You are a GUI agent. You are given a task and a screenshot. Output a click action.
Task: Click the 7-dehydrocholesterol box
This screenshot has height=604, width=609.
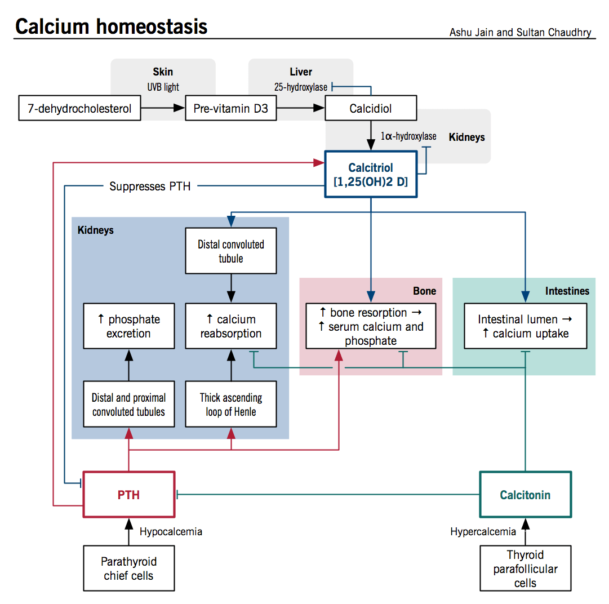[79, 109]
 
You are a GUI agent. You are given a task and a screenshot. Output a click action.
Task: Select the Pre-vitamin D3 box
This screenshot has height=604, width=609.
[231, 109]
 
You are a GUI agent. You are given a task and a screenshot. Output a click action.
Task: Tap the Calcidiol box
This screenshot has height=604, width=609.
[371, 109]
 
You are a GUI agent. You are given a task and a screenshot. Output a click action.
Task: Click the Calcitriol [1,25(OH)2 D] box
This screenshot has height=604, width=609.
[371, 175]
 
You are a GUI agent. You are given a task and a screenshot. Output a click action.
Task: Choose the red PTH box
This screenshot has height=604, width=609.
[129, 495]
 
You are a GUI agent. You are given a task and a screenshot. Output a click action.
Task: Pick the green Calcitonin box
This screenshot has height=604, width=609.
[525, 495]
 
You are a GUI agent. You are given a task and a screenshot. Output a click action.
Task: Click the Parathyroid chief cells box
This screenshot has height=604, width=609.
[129, 568]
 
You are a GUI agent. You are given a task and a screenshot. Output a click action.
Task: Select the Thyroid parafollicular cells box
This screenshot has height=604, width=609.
[525, 568]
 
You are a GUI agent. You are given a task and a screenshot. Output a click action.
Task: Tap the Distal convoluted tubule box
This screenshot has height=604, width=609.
[231, 251]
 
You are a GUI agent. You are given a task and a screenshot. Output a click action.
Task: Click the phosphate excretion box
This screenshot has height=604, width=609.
[129, 326]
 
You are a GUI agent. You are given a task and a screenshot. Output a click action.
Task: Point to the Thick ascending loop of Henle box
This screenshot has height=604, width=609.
[231, 405]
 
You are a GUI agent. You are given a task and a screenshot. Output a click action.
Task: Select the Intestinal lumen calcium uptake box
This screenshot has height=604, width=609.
[525, 326]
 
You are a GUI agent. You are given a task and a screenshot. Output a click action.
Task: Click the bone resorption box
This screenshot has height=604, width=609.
[371, 326]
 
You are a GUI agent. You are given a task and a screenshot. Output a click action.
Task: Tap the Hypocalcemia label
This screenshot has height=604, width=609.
[171, 531]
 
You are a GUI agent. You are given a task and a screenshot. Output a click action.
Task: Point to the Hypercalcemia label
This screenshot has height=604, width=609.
[483, 531]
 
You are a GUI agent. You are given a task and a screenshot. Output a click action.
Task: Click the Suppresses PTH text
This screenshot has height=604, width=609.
[150, 186]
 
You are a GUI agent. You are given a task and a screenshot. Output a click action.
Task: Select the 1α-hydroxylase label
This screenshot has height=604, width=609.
[408, 136]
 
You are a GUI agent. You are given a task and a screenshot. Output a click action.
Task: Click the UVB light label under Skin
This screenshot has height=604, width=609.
[163, 87]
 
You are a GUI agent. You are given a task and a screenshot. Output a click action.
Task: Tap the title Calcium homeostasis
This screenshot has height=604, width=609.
[111, 26]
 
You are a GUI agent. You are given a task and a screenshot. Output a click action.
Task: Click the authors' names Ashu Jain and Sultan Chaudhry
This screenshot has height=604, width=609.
[520, 32]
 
